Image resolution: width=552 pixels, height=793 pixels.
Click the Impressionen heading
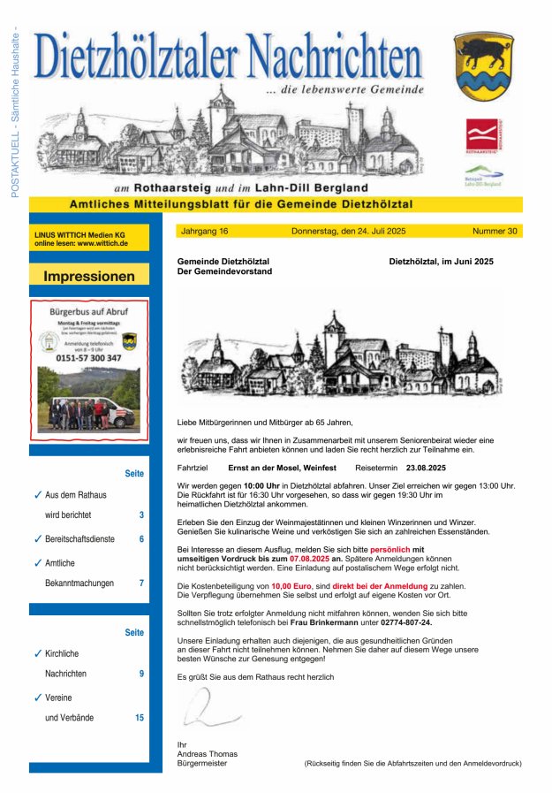(x=89, y=276)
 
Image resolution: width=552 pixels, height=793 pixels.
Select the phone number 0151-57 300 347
(x=89, y=358)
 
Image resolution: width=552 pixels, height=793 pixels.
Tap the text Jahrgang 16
(x=204, y=231)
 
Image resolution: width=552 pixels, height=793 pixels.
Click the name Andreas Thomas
(x=208, y=754)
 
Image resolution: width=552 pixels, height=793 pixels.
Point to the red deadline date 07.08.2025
(x=309, y=559)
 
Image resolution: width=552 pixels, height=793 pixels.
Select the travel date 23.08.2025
(x=426, y=467)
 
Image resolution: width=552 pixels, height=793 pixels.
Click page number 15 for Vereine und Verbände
(x=140, y=718)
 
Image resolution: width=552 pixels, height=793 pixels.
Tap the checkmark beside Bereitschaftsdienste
(x=37, y=538)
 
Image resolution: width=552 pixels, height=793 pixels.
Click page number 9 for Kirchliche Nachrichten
(x=141, y=674)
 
